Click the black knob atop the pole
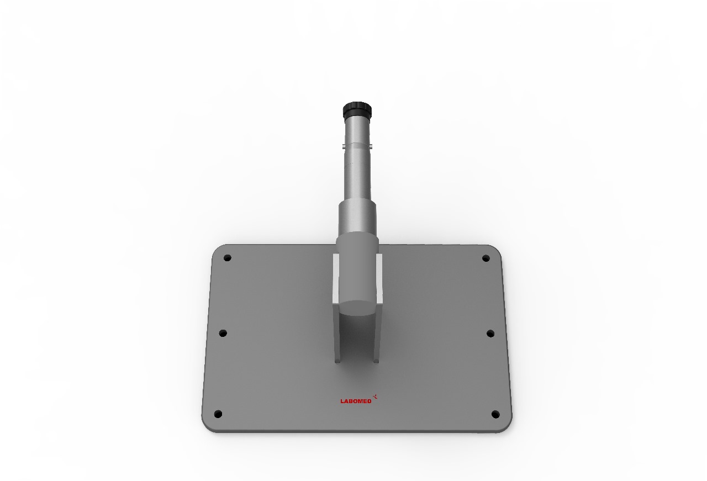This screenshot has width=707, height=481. (x=357, y=110)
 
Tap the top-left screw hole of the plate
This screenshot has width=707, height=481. (x=227, y=258)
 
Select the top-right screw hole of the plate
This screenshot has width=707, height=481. (x=486, y=258)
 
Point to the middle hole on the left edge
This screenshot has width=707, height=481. (x=223, y=333)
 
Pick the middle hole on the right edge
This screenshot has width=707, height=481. (x=490, y=334)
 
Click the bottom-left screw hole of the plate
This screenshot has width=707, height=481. (x=218, y=414)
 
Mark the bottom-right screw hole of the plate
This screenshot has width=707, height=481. (x=495, y=414)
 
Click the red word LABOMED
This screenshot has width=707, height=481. (x=356, y=401)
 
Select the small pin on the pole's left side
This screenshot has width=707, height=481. (x=344, y=146)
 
